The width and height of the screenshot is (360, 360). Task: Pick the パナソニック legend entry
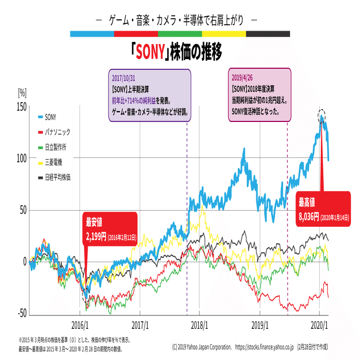(56, 132)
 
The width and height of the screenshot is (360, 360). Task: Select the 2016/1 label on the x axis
(80, 325)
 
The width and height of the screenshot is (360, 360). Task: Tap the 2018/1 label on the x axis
(199, 325)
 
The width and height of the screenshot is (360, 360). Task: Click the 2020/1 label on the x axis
(320, 325)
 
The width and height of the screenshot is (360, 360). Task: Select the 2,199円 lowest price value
(96, 236)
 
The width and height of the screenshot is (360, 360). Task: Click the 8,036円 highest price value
(308, 217)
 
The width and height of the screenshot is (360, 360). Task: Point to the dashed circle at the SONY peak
(321, 115)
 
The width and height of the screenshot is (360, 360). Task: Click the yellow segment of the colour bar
(224, 34)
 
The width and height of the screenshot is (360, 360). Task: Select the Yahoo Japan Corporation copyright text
(202, 347)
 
